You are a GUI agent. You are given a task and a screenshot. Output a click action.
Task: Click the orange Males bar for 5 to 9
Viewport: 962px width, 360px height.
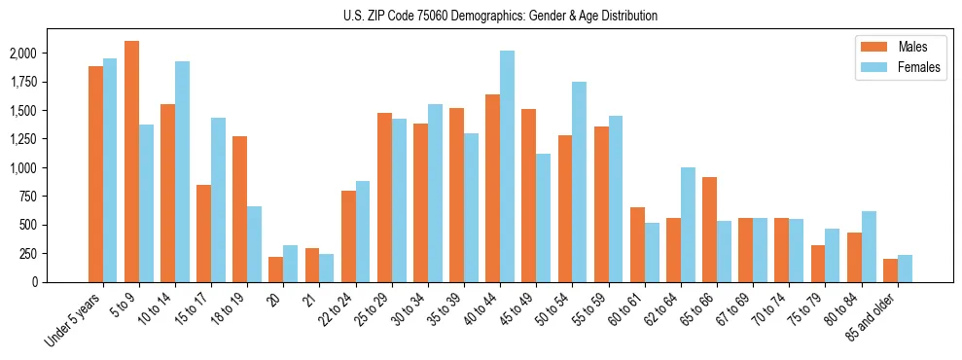[131, 162]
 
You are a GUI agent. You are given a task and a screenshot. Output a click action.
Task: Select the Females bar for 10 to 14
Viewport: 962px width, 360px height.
[182, 171]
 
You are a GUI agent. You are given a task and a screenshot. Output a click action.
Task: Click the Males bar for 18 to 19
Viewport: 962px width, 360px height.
[239, 209]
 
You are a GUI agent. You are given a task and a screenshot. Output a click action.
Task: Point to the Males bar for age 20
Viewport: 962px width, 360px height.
[275, 270]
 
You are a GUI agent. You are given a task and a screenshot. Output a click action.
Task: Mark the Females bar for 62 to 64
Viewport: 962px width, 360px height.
[688, 225]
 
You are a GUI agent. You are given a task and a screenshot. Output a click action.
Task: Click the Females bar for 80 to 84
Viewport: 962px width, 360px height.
[869, 246]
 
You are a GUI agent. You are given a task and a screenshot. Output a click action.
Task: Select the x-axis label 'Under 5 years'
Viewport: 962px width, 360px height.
[74, 320]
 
